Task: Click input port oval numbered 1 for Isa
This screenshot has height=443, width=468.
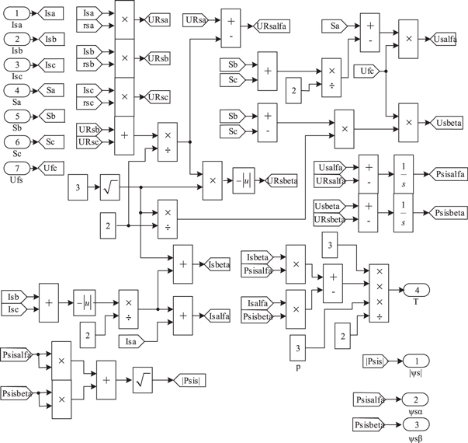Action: [x=19, y=13]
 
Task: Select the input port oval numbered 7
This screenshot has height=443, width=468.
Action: [x=19, y=168]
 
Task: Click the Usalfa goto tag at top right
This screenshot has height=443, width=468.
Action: [x=444, y=37]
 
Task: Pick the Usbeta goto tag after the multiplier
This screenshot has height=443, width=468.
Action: [x=443, y=124]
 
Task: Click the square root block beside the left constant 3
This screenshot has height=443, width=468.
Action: [x=109, y=187]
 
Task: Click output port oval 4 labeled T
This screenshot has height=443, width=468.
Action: [x=416, y=290]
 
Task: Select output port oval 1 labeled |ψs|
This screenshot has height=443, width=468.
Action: [x=416, y=361]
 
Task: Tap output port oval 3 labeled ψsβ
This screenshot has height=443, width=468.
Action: [x=416, y=424]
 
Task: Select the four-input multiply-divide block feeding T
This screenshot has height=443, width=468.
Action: [x=379, y=292]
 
